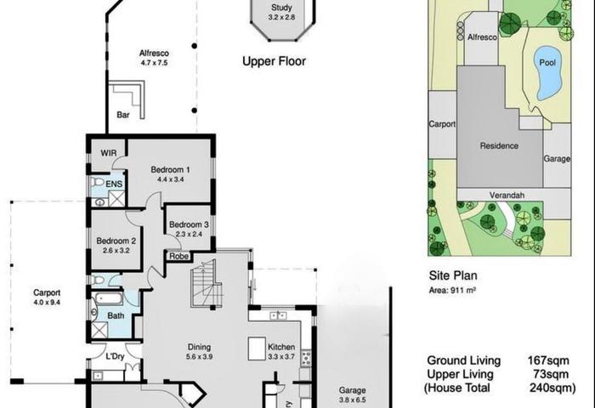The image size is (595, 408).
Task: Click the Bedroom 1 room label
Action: tap(170, 170)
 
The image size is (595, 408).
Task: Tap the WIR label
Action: tap(109, 153)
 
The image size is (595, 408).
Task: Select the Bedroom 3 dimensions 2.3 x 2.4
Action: tap(189, 234)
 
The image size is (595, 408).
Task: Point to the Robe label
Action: tap(178, 256)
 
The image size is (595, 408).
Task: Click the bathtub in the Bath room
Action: tap(108, 299)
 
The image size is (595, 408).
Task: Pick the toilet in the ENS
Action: tap(97, 182)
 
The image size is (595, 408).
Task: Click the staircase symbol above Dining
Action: tap(206, 284)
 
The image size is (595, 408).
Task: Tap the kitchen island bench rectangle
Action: tap(257, 348)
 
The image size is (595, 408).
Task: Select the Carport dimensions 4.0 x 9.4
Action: tap(47, 303)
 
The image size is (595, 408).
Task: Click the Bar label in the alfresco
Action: tap(123, 115)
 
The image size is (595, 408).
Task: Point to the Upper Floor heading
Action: tap(274, 61)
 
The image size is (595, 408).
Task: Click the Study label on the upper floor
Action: tap(281, 8)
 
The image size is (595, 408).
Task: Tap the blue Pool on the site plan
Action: tap(547, 73)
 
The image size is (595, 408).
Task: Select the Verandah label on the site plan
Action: tap(507, 195)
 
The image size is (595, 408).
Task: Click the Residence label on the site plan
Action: tap(499, 145)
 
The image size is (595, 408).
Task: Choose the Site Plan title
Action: tap(453, 275)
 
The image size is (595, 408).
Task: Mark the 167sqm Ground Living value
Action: tap(548, 360)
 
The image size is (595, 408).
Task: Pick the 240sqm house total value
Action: tap(552, 388)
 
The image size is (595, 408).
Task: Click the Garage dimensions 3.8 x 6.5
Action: tap(353, 399)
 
